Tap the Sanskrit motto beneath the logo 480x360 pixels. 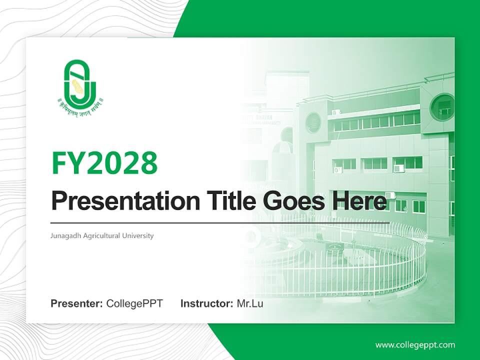coord(80,105)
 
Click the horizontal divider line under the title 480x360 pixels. coord(220,222)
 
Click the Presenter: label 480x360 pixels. coord(77,303)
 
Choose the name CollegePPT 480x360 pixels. coord(134,303)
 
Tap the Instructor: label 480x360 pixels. coord(206,303)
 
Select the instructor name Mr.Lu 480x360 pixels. coord(249,303)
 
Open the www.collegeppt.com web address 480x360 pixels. coord(415,344)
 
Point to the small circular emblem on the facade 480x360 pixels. coord(313,122)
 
